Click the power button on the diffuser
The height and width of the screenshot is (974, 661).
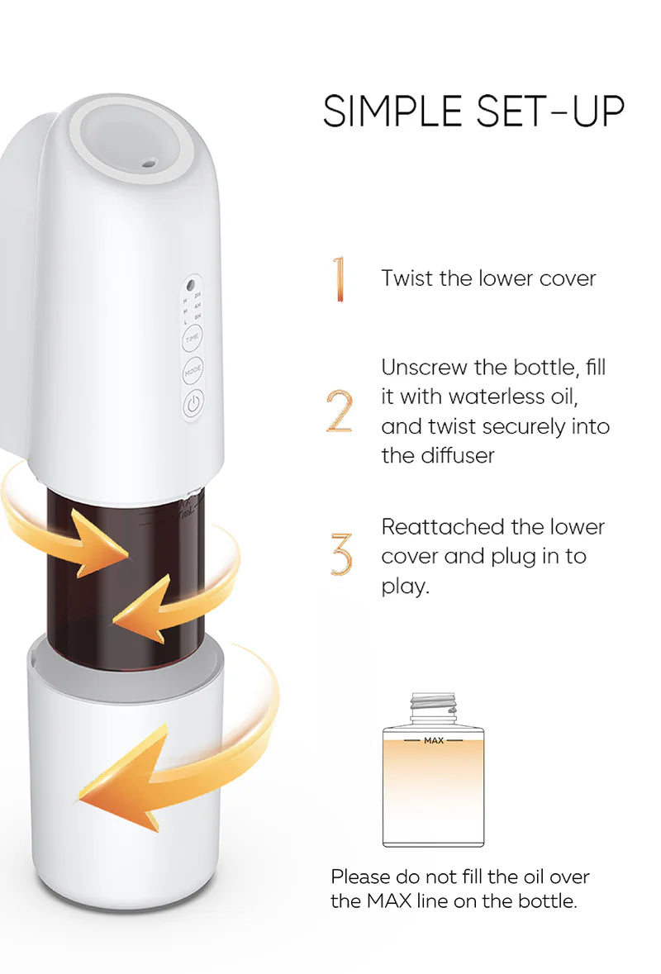192,405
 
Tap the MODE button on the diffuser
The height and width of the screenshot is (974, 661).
192,372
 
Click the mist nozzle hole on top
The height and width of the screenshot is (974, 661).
148,164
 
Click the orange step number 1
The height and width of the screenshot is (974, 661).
338,279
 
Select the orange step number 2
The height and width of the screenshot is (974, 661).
340,411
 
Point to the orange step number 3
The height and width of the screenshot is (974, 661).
340,554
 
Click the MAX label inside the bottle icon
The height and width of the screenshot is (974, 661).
433,740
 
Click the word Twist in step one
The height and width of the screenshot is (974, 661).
407,278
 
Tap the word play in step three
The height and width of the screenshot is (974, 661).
405,588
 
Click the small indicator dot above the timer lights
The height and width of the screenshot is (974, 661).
192,281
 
